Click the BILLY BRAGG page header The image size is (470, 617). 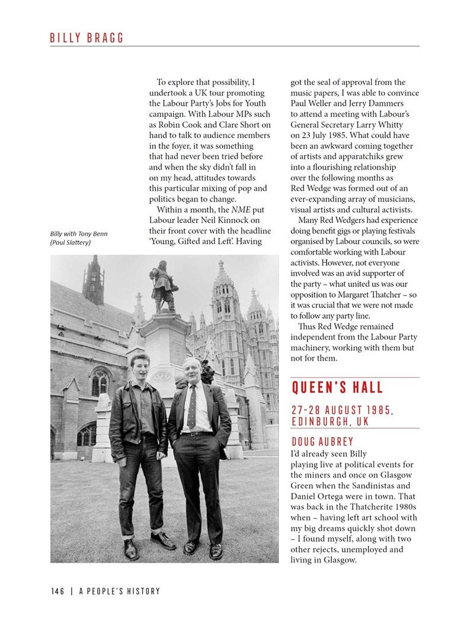click(x=87, y=38)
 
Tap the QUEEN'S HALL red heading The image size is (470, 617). click(x=337, y=389)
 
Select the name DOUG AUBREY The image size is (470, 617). click(x=322, y=442)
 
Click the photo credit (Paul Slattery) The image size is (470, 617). click(x=71, y=243)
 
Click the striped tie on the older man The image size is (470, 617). click(x=192, y=407)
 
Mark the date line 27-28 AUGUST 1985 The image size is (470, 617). click(x=342, y=410)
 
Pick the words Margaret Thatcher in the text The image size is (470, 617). click(x=375, y=295)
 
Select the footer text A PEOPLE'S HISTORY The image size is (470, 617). click(x=119, y=591)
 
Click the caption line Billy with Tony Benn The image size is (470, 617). click(x=79, y=234)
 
